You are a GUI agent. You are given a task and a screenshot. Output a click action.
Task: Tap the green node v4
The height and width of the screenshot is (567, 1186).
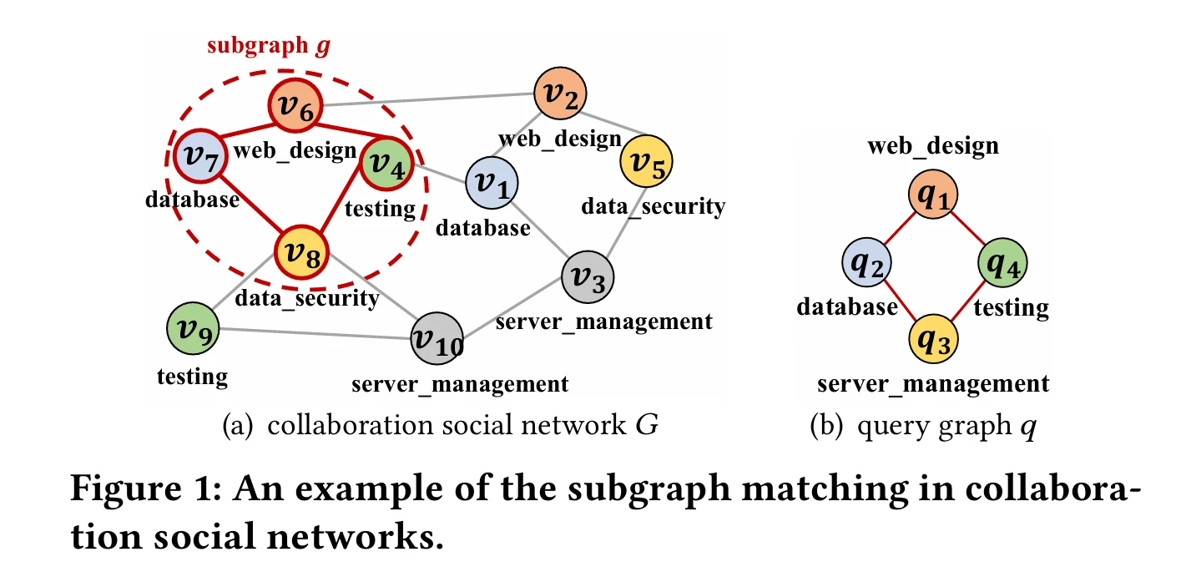385,163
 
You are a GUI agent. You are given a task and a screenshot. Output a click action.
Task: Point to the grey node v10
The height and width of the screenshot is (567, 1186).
437,339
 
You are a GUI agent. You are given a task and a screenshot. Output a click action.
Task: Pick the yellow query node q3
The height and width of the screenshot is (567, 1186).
934,338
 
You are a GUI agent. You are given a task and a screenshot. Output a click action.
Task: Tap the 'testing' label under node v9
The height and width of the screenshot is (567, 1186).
192,376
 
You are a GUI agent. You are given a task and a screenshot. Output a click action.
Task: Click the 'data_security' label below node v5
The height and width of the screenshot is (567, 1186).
655,205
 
